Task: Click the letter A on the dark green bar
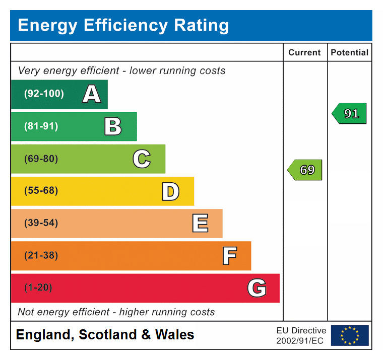pos(91,94)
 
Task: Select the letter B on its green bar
pos(113,126)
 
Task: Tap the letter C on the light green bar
pos(142,159)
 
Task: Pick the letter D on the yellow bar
pos(170,191)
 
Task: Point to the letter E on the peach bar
pos(200,224)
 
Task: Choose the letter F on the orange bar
pos(229,256)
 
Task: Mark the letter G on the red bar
pos(257,288)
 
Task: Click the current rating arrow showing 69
pos(305,170)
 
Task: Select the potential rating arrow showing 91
pos(349,114)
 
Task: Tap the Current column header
pos(304,52)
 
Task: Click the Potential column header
pos(349,52)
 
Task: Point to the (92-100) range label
pos(44,94)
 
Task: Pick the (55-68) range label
pos(41,191)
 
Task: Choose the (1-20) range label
pos(38,288)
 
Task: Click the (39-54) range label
pos(41,223)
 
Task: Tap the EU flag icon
pos(349,335)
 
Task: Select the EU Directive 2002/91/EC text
pos(301,335)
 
